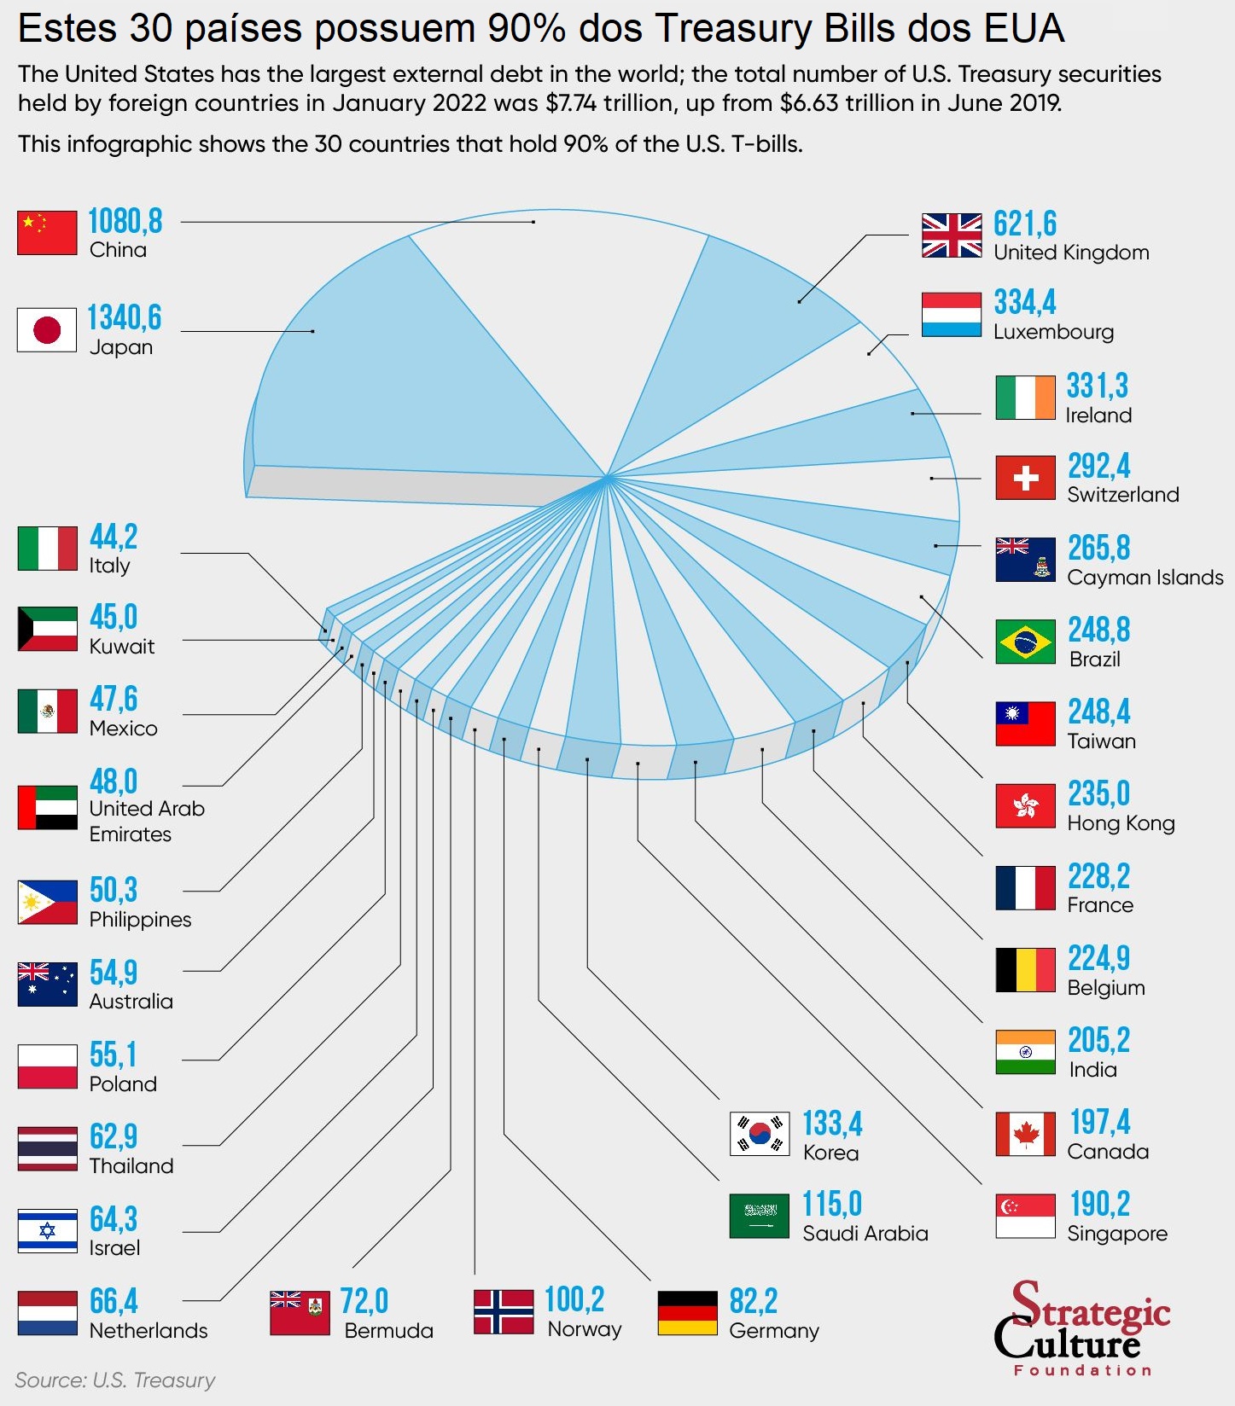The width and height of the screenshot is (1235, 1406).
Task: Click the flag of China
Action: pyautogui.click(x=47, y=232)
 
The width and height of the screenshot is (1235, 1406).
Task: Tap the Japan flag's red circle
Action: pyautogui.click(x=47, y=330)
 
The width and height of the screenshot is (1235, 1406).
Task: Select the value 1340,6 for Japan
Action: pyautogui.click(x=125, y=317)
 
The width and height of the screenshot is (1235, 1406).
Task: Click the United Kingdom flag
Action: pyautogui.click(x=952, y=235)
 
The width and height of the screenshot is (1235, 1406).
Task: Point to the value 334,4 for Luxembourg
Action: pyautogui.click(x=1024, y=302)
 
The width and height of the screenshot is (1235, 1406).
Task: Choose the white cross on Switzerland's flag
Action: pyautogui.click(x=1025, y=478)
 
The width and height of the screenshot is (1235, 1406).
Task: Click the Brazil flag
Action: pyautogui.click(x=1025, y=642)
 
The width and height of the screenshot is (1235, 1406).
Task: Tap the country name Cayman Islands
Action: pyautogui.click(x=1145, y=578)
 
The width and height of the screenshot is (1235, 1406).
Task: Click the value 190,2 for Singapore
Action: pyautogui.click(x=1099, y=1204)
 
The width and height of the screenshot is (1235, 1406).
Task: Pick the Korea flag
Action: pyautogui.click(x=760, y=1134)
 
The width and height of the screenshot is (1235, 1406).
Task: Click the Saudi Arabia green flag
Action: pyautogui.click(x=760, y=1216)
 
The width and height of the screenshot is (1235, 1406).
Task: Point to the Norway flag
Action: pyautogui.click(x=504, y=1311)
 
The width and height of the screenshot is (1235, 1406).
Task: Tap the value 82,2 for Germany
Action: pyautogui.click(x=753, y=1302)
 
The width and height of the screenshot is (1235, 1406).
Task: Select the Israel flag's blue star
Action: pyautogui.click(x=47, y=1230)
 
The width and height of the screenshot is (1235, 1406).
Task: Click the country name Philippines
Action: pyautogui.click(x=140, y=920)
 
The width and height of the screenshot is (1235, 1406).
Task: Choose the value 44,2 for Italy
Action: pyautogui.click(x=114, y=537)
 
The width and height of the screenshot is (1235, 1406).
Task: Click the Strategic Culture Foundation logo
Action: pyautogui.click(x=1081, y=1327)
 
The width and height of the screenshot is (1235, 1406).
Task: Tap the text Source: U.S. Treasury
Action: pyautogui.click(x=115, y=1380)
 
